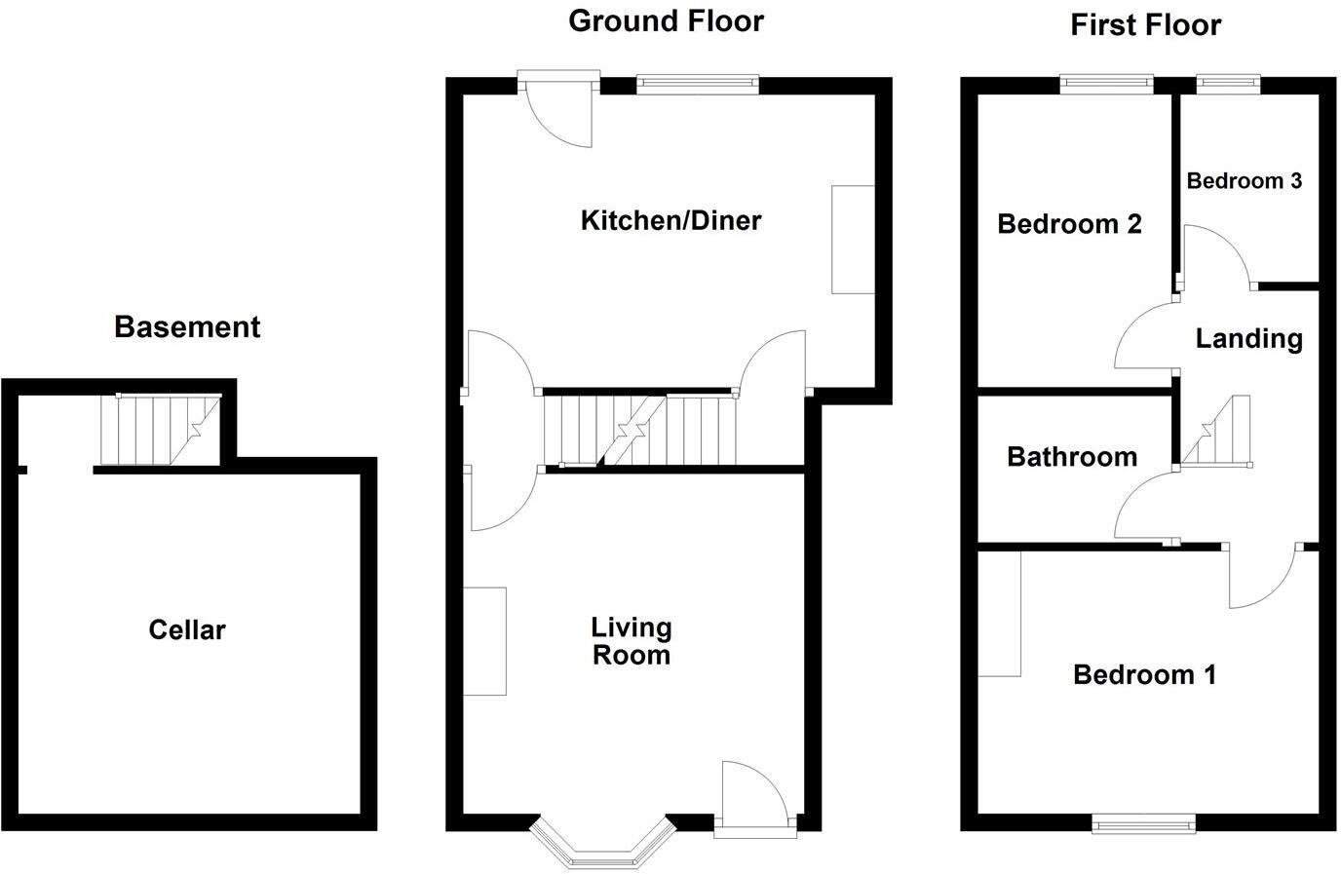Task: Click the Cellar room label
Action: pyautogui.click(x=186, y=630)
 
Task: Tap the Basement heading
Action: pyautogui.click(x=187, y=327)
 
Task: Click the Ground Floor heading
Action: pyautogui.click(x=666, y=20)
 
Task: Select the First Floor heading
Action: pyautogui.click(x=1145, y=24)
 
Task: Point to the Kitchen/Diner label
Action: pyautogui.click(x=670, y=220)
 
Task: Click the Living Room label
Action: pyautogui.click(x=632, y=641)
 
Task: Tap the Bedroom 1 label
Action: pyautogui.click(x=1144, y=674)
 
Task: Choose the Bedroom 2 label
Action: pyautogui.click(x=1069, y=225)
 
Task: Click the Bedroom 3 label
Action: pyautogui.click(x=1244, y=181)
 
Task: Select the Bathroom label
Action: pyautogui.click(x=1071, y=457)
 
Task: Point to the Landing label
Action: pyautogui.click(x=1248, y=339)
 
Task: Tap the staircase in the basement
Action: pyautogui.click(x=162, y=430)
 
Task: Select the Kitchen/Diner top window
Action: pyautogui.click(x=697, y=86)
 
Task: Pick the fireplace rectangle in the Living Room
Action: pyautogui.click(x=484, y=641)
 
